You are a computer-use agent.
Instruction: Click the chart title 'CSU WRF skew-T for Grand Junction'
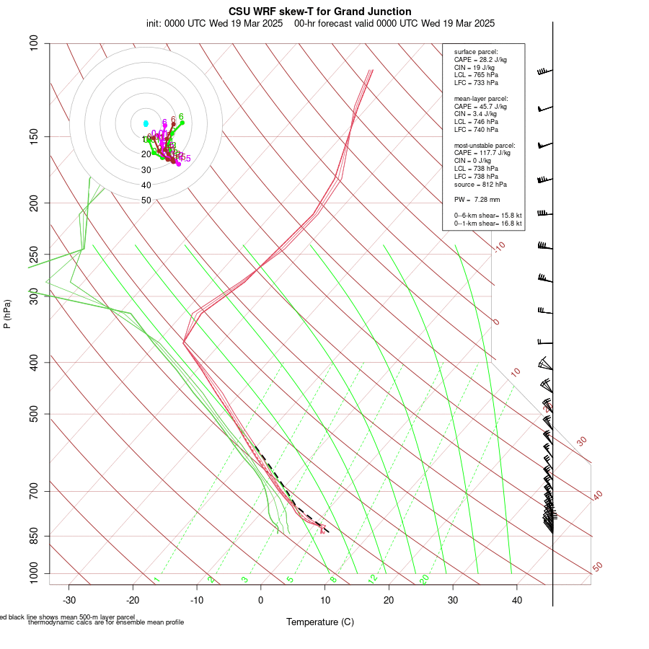(320, 12)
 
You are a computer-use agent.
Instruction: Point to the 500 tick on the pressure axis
(33, 414)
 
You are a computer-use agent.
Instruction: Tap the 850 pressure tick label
(33, 536)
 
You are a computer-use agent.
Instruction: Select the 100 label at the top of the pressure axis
(33, 43)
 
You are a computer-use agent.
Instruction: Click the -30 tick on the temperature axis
(69, 599)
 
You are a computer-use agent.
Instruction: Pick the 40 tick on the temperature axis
(517, 599)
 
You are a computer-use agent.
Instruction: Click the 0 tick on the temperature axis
(261, 599)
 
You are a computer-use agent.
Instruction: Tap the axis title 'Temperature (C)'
(320, 622)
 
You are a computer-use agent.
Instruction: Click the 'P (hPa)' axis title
(7, 314)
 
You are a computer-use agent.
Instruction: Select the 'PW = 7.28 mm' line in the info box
(477, 199)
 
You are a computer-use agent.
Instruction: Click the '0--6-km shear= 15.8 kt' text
(487, 215)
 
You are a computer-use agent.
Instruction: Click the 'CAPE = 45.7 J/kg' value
(480, 106)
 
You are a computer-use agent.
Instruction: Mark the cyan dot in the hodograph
(146, 124)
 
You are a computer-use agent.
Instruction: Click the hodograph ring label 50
(146, 200)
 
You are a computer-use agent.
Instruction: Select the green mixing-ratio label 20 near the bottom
(425, 578)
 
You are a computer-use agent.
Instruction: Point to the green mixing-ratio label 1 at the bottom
(156, 580)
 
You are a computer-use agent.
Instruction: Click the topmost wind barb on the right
(545, 72)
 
